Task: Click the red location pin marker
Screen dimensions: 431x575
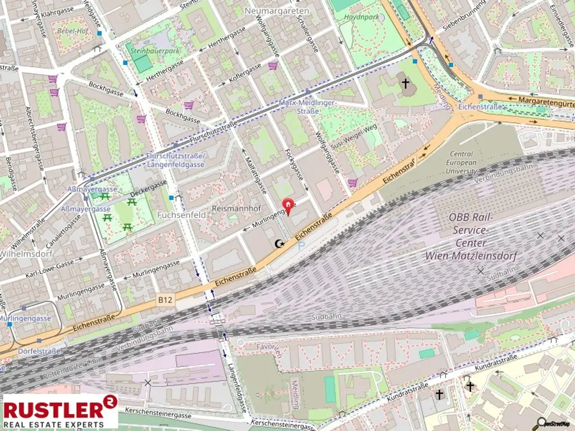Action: (x=289, y=207)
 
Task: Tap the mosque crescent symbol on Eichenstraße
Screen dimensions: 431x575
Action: (x=278, y=243)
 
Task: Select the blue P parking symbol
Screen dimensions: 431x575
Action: (x=302, y=246)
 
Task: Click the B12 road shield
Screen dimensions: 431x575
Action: (x=166, y=301)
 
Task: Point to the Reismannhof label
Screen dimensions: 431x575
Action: (x=236, y=208)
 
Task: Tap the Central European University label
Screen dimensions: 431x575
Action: (x=462, y=162)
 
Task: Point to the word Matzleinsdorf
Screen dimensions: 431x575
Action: (x=486, y=256)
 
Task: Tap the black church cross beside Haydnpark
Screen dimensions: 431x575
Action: (x=405, y=84)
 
